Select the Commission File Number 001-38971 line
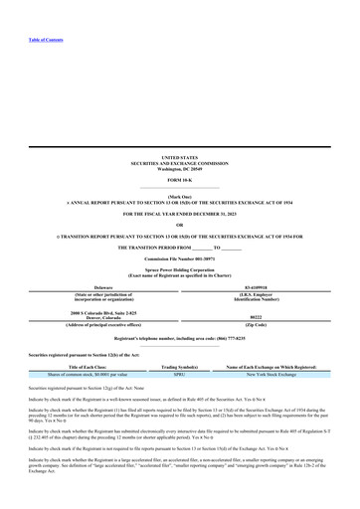click(x=180, y=259)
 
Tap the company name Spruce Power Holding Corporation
click(x=180, y=270)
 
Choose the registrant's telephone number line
click(x=180, y=339)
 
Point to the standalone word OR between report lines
click(x=180, y=223)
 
